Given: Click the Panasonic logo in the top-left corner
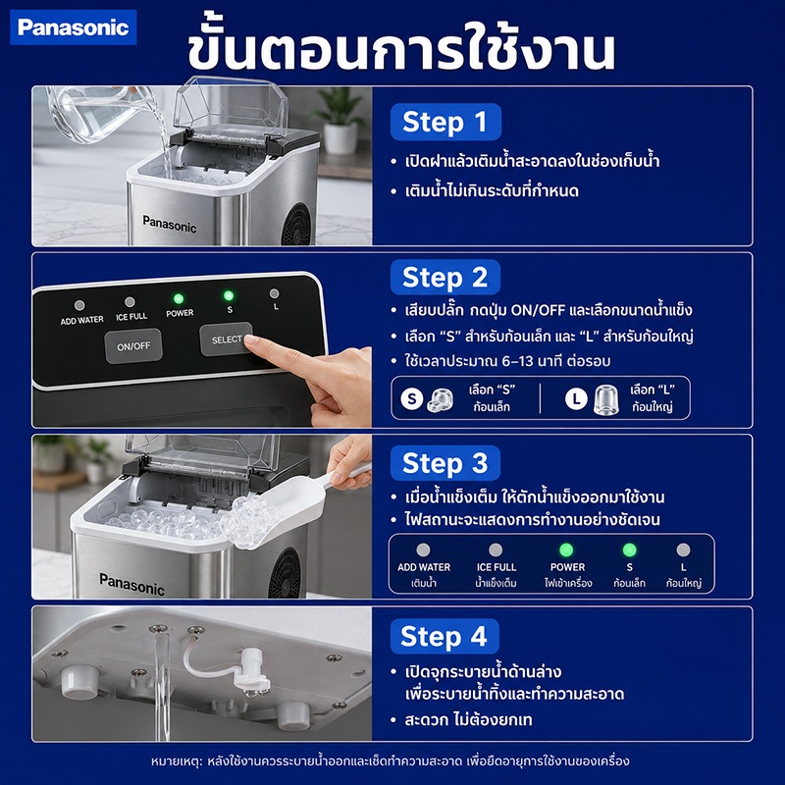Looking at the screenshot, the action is tap(73, 27).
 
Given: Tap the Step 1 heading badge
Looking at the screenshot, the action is tap(445, 122).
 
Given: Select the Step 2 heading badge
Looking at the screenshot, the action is tap(445, 278).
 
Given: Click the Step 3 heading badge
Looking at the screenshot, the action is tap(445, 463).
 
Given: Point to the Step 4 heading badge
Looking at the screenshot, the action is tap(445, 636).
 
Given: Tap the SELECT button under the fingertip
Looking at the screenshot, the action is tap(227, 340).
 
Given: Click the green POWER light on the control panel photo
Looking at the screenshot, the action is tap(179, 299).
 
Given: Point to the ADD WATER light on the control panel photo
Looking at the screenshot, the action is tap(79, 305).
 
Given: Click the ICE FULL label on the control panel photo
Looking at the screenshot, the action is tap(131, 316).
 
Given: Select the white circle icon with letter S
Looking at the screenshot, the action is tap(412, 399).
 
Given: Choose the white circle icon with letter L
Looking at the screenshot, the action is tap(576, 399).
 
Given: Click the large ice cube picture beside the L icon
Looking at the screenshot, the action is tap(605, 400).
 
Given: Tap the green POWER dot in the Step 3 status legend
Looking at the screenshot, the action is tap(566, 549).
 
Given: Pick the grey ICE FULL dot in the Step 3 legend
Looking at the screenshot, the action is tap(496, 549).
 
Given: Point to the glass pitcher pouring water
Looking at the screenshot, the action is tap(95, 113).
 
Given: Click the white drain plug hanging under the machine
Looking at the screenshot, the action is tap(252, 671).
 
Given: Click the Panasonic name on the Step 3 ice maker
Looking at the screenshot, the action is tap(132, 585).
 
